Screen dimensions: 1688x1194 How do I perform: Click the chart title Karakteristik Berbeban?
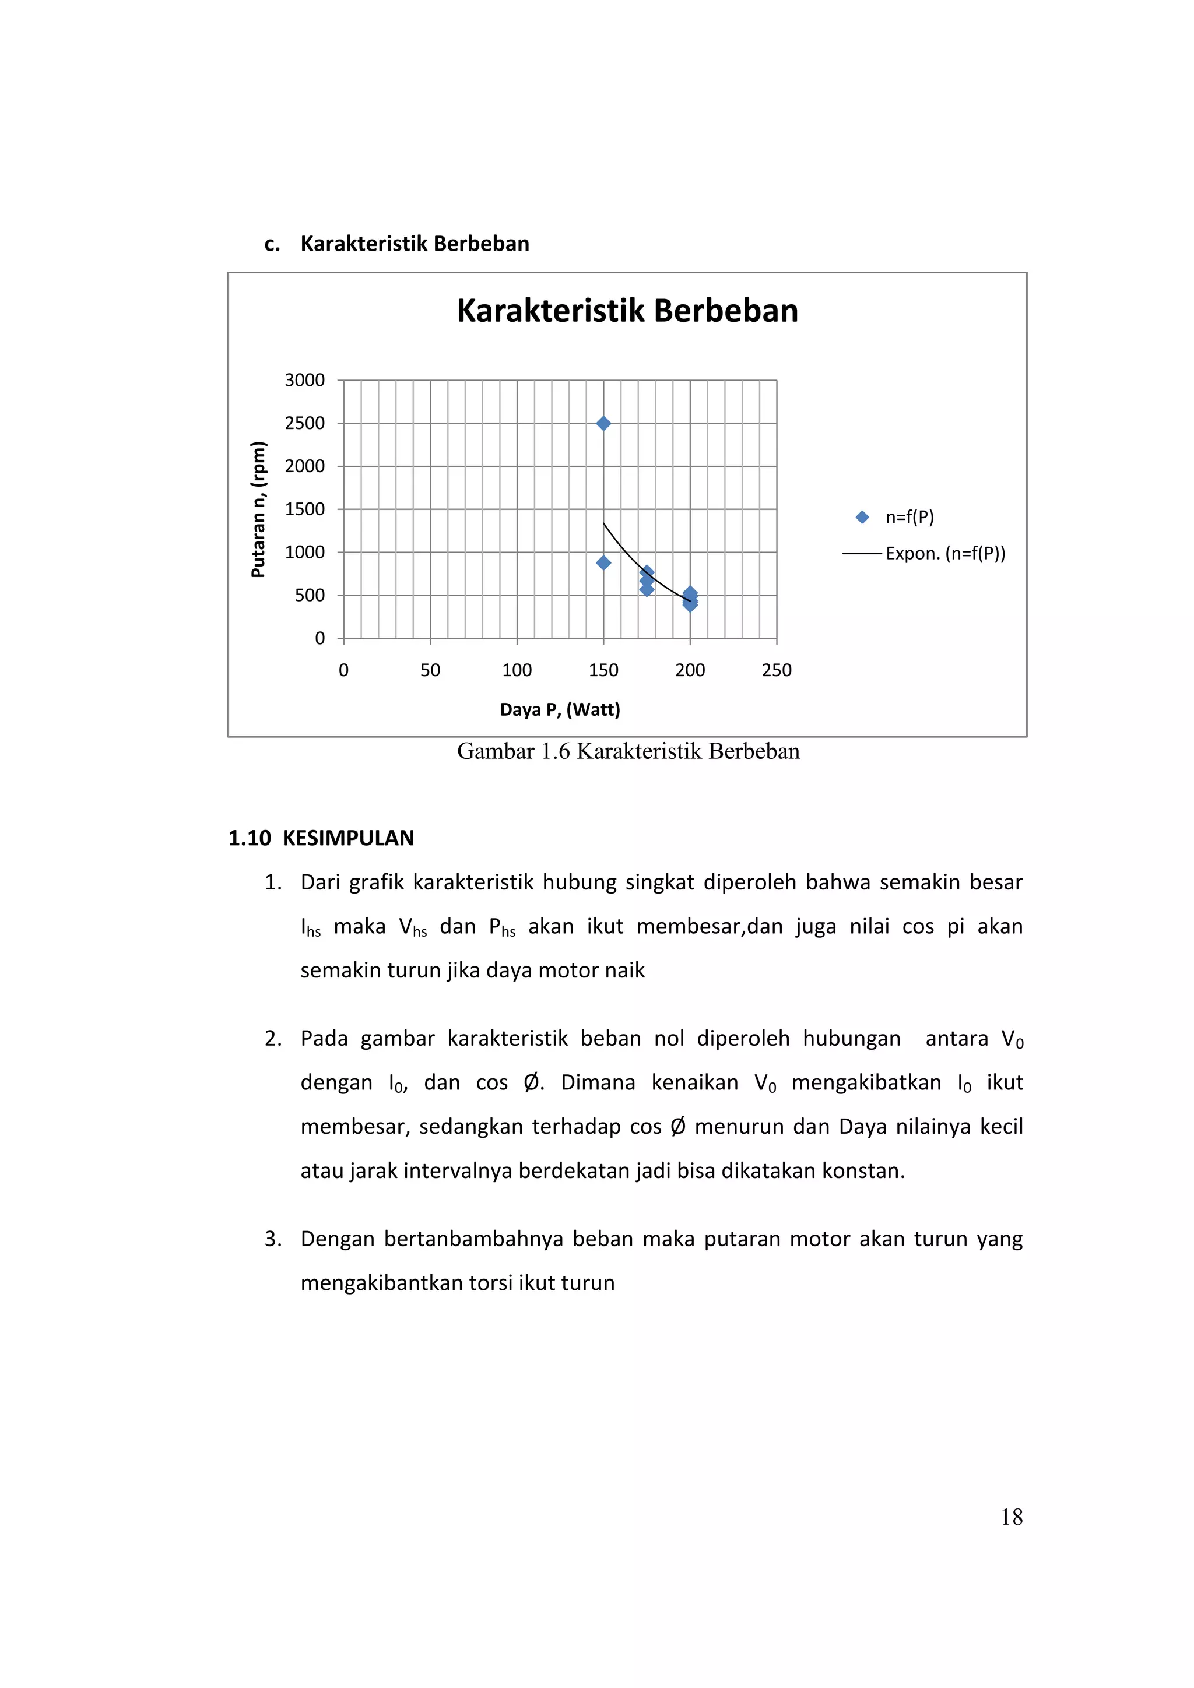[x=627, y=311]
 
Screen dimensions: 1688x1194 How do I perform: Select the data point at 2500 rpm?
[x=603, y=424]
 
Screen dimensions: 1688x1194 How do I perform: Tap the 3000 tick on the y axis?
[x=304, y=380]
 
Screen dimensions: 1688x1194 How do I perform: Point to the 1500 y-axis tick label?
[x=304, y=509]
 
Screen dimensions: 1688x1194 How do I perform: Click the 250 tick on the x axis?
[x=777, y=670]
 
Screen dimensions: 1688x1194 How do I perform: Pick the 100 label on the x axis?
[x=517, y=670]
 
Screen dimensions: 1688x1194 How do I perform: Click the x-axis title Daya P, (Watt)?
[x=560, y=709]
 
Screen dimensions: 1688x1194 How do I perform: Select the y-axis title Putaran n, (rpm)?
[x=258, y=509]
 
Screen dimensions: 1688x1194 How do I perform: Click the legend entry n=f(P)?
[x=909, y=517]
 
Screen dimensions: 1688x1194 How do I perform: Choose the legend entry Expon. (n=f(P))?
[x=944, y=553]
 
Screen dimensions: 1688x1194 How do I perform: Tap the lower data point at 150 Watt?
[x=603, y=563]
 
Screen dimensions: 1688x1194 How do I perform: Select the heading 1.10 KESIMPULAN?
[x=321, y=838]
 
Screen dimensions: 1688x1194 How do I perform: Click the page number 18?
[x=1011, y=1517]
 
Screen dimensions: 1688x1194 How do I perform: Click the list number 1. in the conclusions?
[x=273, y=882]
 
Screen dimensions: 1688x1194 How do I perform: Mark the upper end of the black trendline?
[x=603, y=523]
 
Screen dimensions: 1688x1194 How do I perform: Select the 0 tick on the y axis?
[x=320, y=638]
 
